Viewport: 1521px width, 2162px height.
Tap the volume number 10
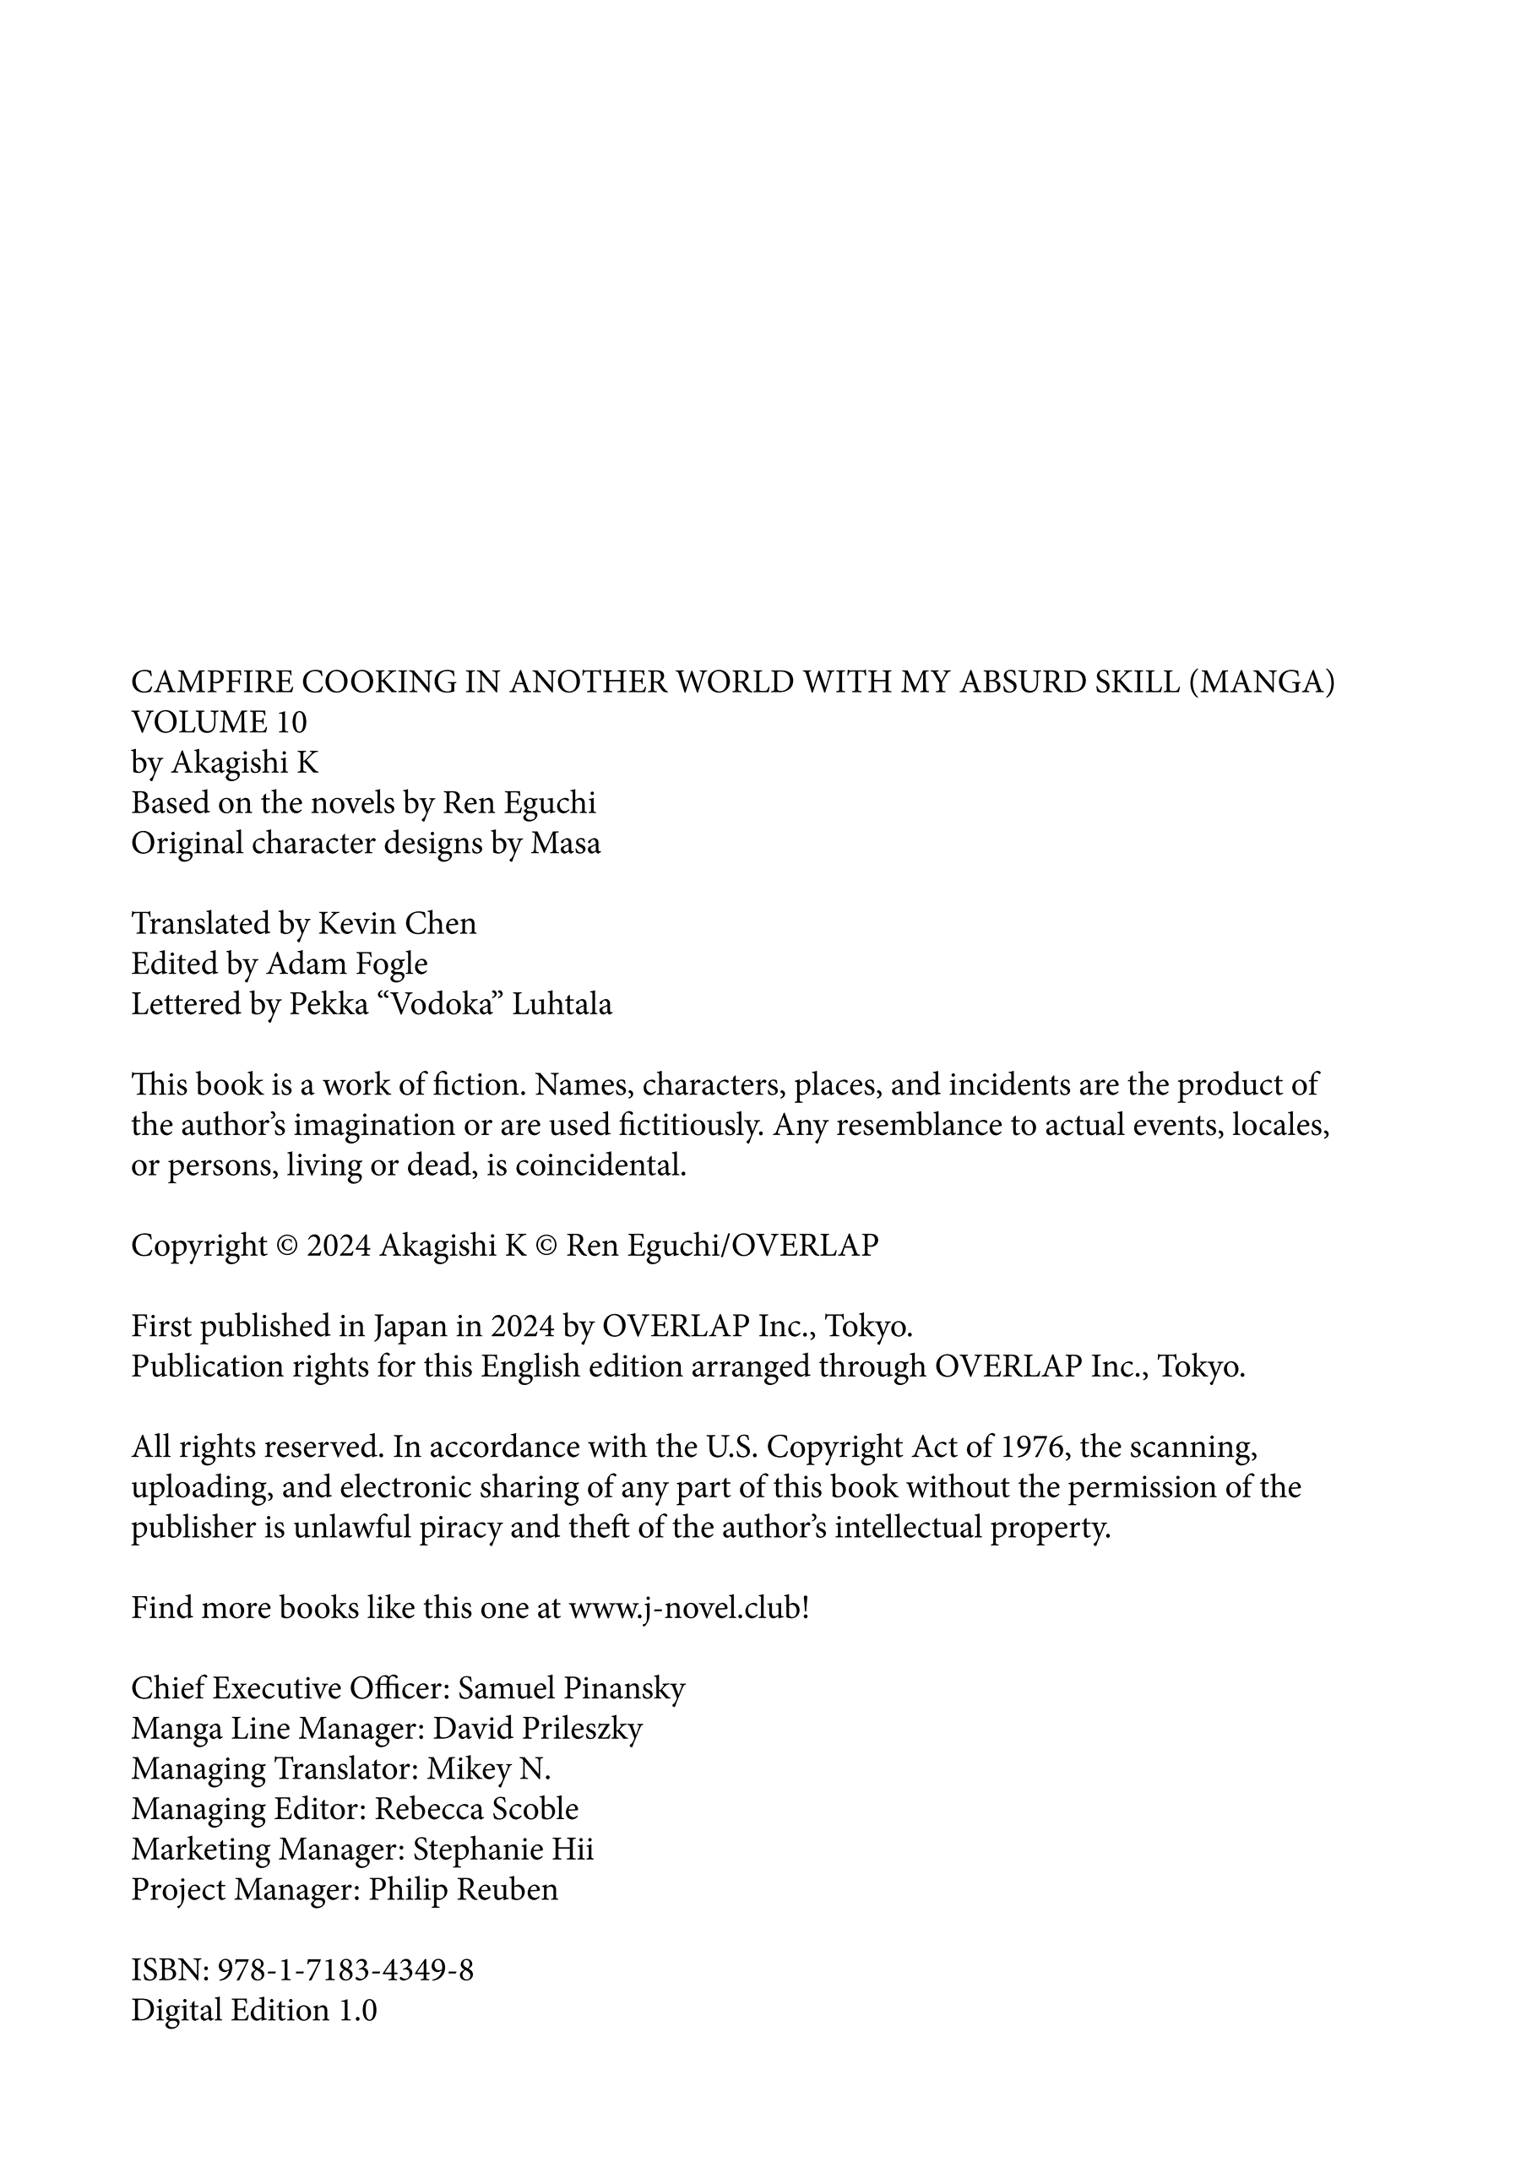291,722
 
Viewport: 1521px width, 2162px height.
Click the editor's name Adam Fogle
346,964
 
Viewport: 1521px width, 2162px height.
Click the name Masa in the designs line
565,843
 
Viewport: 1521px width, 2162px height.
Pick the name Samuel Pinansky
572,1688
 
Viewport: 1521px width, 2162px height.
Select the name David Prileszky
538,1729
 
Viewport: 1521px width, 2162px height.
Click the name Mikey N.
489,1769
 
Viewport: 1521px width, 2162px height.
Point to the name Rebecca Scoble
476,1809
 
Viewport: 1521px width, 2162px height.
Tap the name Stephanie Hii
504,1850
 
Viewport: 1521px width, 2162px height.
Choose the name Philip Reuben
464,1890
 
